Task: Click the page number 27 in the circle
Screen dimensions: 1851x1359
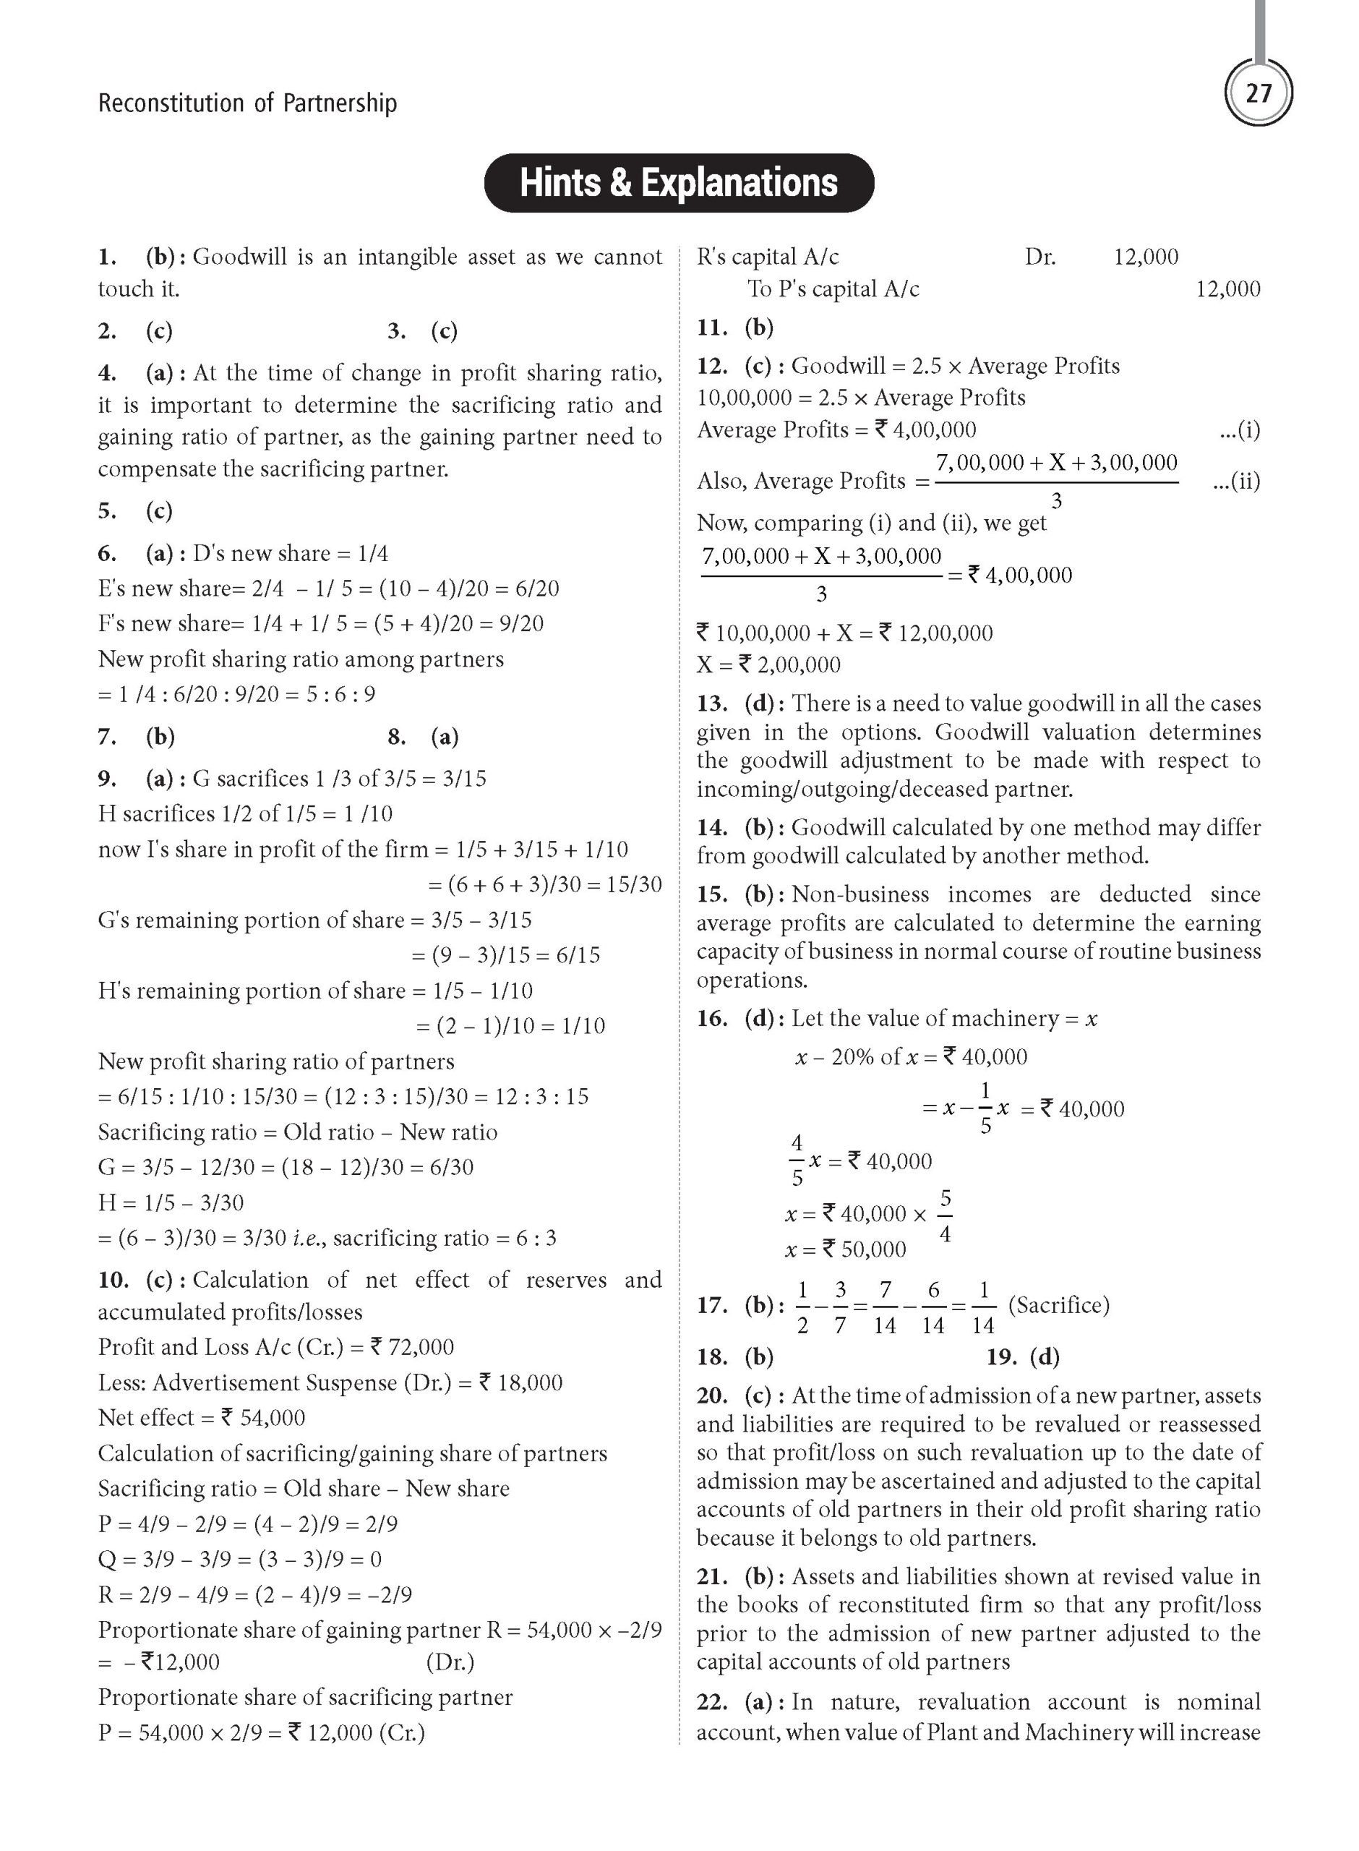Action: click(1258, 93)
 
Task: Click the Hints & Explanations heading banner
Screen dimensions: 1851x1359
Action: click(679, 184)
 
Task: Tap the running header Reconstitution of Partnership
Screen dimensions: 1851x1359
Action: click(246, 103)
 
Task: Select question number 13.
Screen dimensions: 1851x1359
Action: click(711, 704)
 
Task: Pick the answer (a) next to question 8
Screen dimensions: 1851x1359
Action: click(445, 736)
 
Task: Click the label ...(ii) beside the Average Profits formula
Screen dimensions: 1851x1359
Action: click(1235, 482)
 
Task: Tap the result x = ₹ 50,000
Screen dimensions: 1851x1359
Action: click(846, 1249)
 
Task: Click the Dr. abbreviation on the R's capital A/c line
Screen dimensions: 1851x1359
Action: click(1039, 257)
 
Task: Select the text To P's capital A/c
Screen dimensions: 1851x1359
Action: click(833, 288)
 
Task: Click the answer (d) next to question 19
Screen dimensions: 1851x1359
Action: click(1044, 1356)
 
